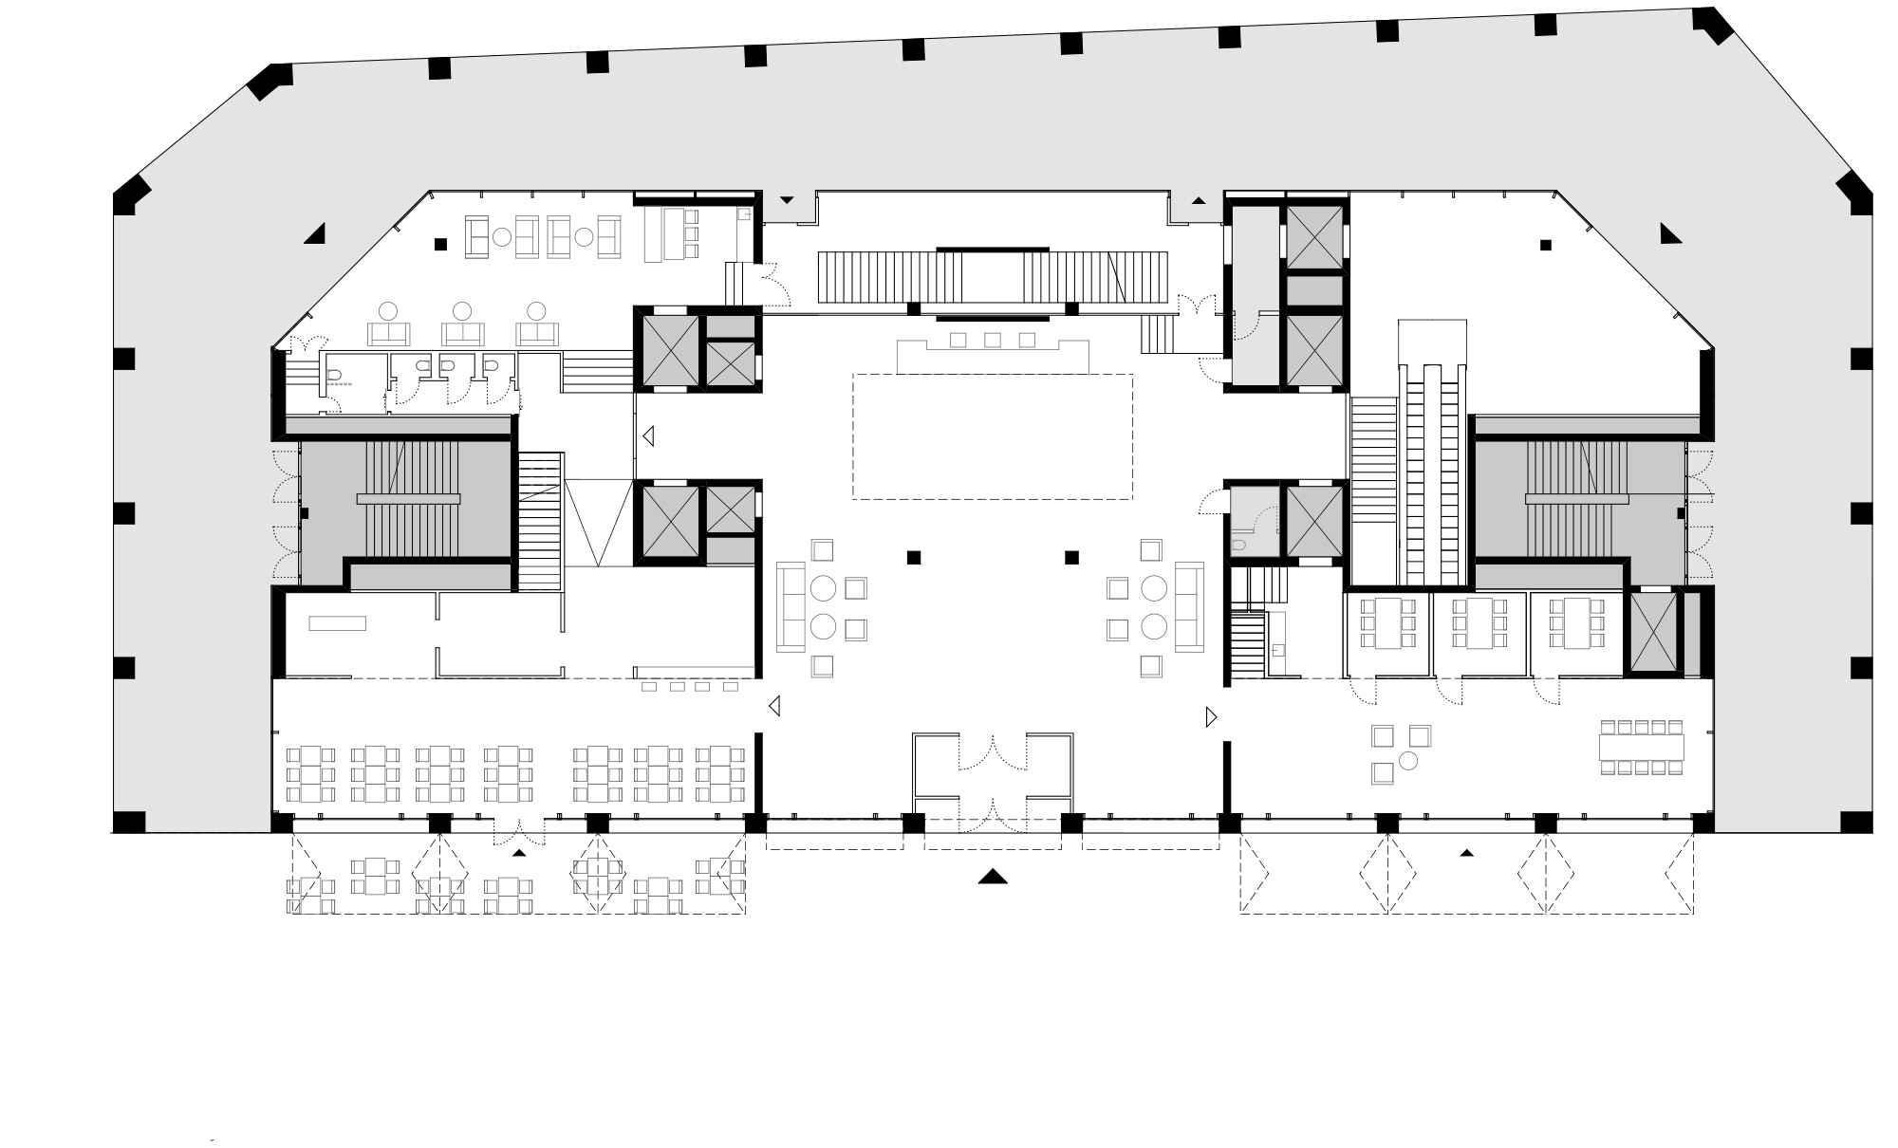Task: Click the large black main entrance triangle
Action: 993,877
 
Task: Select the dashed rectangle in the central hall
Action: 993,436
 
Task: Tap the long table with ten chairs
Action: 1641,748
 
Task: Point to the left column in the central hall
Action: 914,557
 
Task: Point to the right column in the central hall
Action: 1072,557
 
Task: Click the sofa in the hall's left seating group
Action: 790,607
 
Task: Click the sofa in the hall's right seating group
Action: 1189,607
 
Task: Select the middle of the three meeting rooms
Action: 1479,633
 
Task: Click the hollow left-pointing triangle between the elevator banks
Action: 649,436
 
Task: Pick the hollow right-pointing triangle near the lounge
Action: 1211,717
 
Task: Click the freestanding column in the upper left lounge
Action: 440,244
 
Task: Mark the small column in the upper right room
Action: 1546,245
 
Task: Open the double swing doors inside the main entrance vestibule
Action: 993,750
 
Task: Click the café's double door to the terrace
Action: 519,831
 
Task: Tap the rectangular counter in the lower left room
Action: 337,622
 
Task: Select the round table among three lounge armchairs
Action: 1409,760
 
